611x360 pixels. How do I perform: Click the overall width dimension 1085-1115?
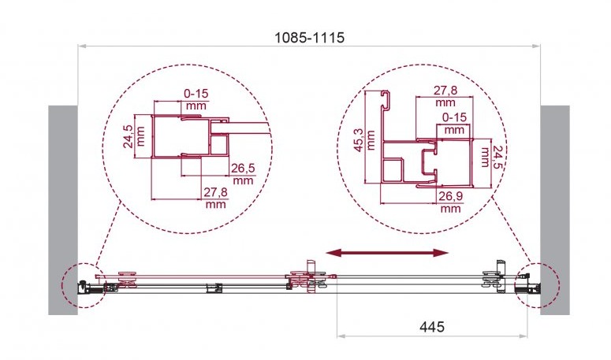pos(309,38)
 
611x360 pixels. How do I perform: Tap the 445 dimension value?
pos(432,327)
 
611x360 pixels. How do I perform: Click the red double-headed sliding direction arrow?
pos(387,254)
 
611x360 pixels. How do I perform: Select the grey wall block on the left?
pos(63,210)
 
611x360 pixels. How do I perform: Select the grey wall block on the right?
pos(555,210)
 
